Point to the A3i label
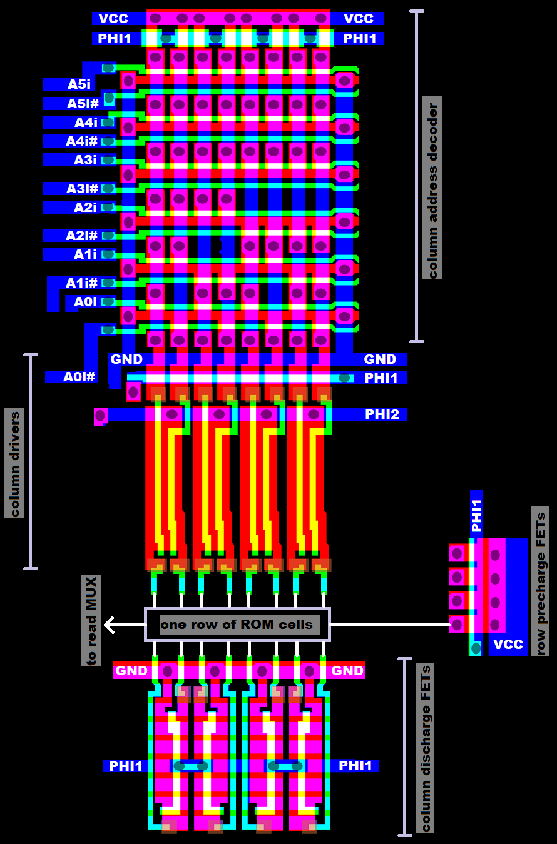85,160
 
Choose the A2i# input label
81,236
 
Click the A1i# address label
81,283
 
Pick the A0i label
85,302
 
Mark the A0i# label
79,377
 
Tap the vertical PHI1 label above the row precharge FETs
476,516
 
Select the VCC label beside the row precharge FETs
508,645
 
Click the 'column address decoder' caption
432,188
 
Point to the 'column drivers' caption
14,463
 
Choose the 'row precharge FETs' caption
540,581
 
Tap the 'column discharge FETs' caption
425,748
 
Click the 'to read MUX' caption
91,620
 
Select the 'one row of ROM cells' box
237,624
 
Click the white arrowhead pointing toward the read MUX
109,624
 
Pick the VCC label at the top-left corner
113,19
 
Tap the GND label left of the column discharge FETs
131,671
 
